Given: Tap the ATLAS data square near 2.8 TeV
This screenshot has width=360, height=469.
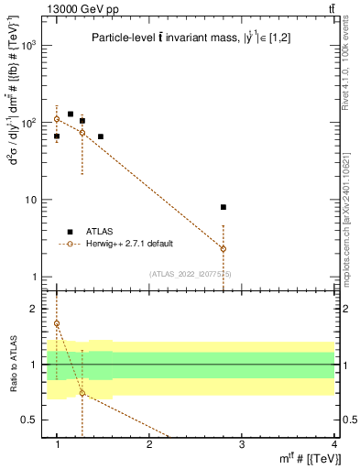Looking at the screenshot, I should pos(224,207).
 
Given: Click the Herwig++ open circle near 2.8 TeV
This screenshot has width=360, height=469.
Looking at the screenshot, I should pos(224,248).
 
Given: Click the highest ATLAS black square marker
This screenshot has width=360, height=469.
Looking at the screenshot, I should pos(71,115).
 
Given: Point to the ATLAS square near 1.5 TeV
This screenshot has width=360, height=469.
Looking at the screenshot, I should pos(101,136).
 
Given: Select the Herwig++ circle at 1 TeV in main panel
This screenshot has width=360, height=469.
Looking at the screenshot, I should pos(57,119).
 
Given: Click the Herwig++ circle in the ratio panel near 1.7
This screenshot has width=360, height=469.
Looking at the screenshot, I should pos(57,323).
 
